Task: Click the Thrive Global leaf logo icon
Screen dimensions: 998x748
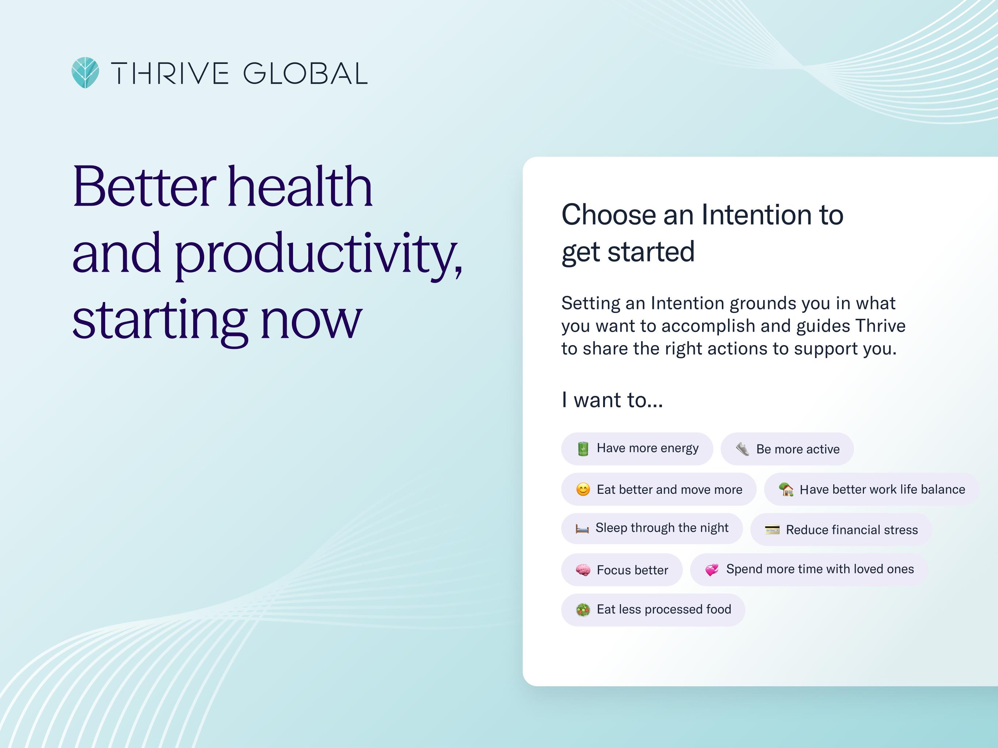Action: (x=85, y=73)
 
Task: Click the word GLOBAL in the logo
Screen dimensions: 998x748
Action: (x=305, y=73)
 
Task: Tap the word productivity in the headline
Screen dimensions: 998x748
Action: (x=318, y=253)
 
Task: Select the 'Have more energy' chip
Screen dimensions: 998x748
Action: (x=637, y=449)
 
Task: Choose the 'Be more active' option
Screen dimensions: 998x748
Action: (x=787, y=449)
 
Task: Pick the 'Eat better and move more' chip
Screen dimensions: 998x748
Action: (x=659, y=489)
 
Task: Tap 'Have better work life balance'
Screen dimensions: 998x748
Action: (x=871, y=489)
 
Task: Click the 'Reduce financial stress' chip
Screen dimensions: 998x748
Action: (x=841, y=529)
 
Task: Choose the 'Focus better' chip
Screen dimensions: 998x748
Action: (x=622, y=570)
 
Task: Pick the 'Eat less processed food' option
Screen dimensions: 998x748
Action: (x=653, y=610)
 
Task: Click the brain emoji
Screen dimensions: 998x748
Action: (x=583, y=570)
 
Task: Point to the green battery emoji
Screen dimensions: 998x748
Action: (x=583, y=449)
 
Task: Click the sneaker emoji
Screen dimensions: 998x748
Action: (x=742, y=449)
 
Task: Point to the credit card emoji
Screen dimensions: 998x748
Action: (x=772, y=530)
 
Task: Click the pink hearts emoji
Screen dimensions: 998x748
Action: (x=712, y=570)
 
